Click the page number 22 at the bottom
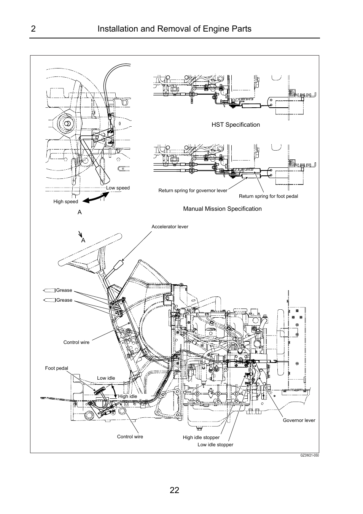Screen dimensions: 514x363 coord(174,490)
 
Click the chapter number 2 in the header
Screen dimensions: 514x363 coord(33,29)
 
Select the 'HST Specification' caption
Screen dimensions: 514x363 coord(236,125)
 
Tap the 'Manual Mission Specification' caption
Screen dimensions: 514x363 coord(222,209)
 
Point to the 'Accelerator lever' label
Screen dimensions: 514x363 coord(170,227)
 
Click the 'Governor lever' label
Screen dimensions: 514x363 coord(299,420)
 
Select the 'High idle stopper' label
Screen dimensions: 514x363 coord(201,438)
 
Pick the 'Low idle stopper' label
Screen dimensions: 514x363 coord(215,445)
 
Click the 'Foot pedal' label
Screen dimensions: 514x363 coord(56,368)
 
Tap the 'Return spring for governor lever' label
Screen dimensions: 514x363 coord(193,191)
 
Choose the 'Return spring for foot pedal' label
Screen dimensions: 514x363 coord(268,196)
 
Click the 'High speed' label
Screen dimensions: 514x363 coord(65,202)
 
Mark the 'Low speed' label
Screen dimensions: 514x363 coord(118,188)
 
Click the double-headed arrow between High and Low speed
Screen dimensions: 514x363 coord(95,197)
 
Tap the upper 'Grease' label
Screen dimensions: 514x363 coord(64,290)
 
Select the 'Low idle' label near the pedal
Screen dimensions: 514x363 coord(106,378)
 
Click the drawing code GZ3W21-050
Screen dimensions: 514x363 coord(309,455)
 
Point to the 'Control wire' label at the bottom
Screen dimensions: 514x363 coord(130,437)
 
